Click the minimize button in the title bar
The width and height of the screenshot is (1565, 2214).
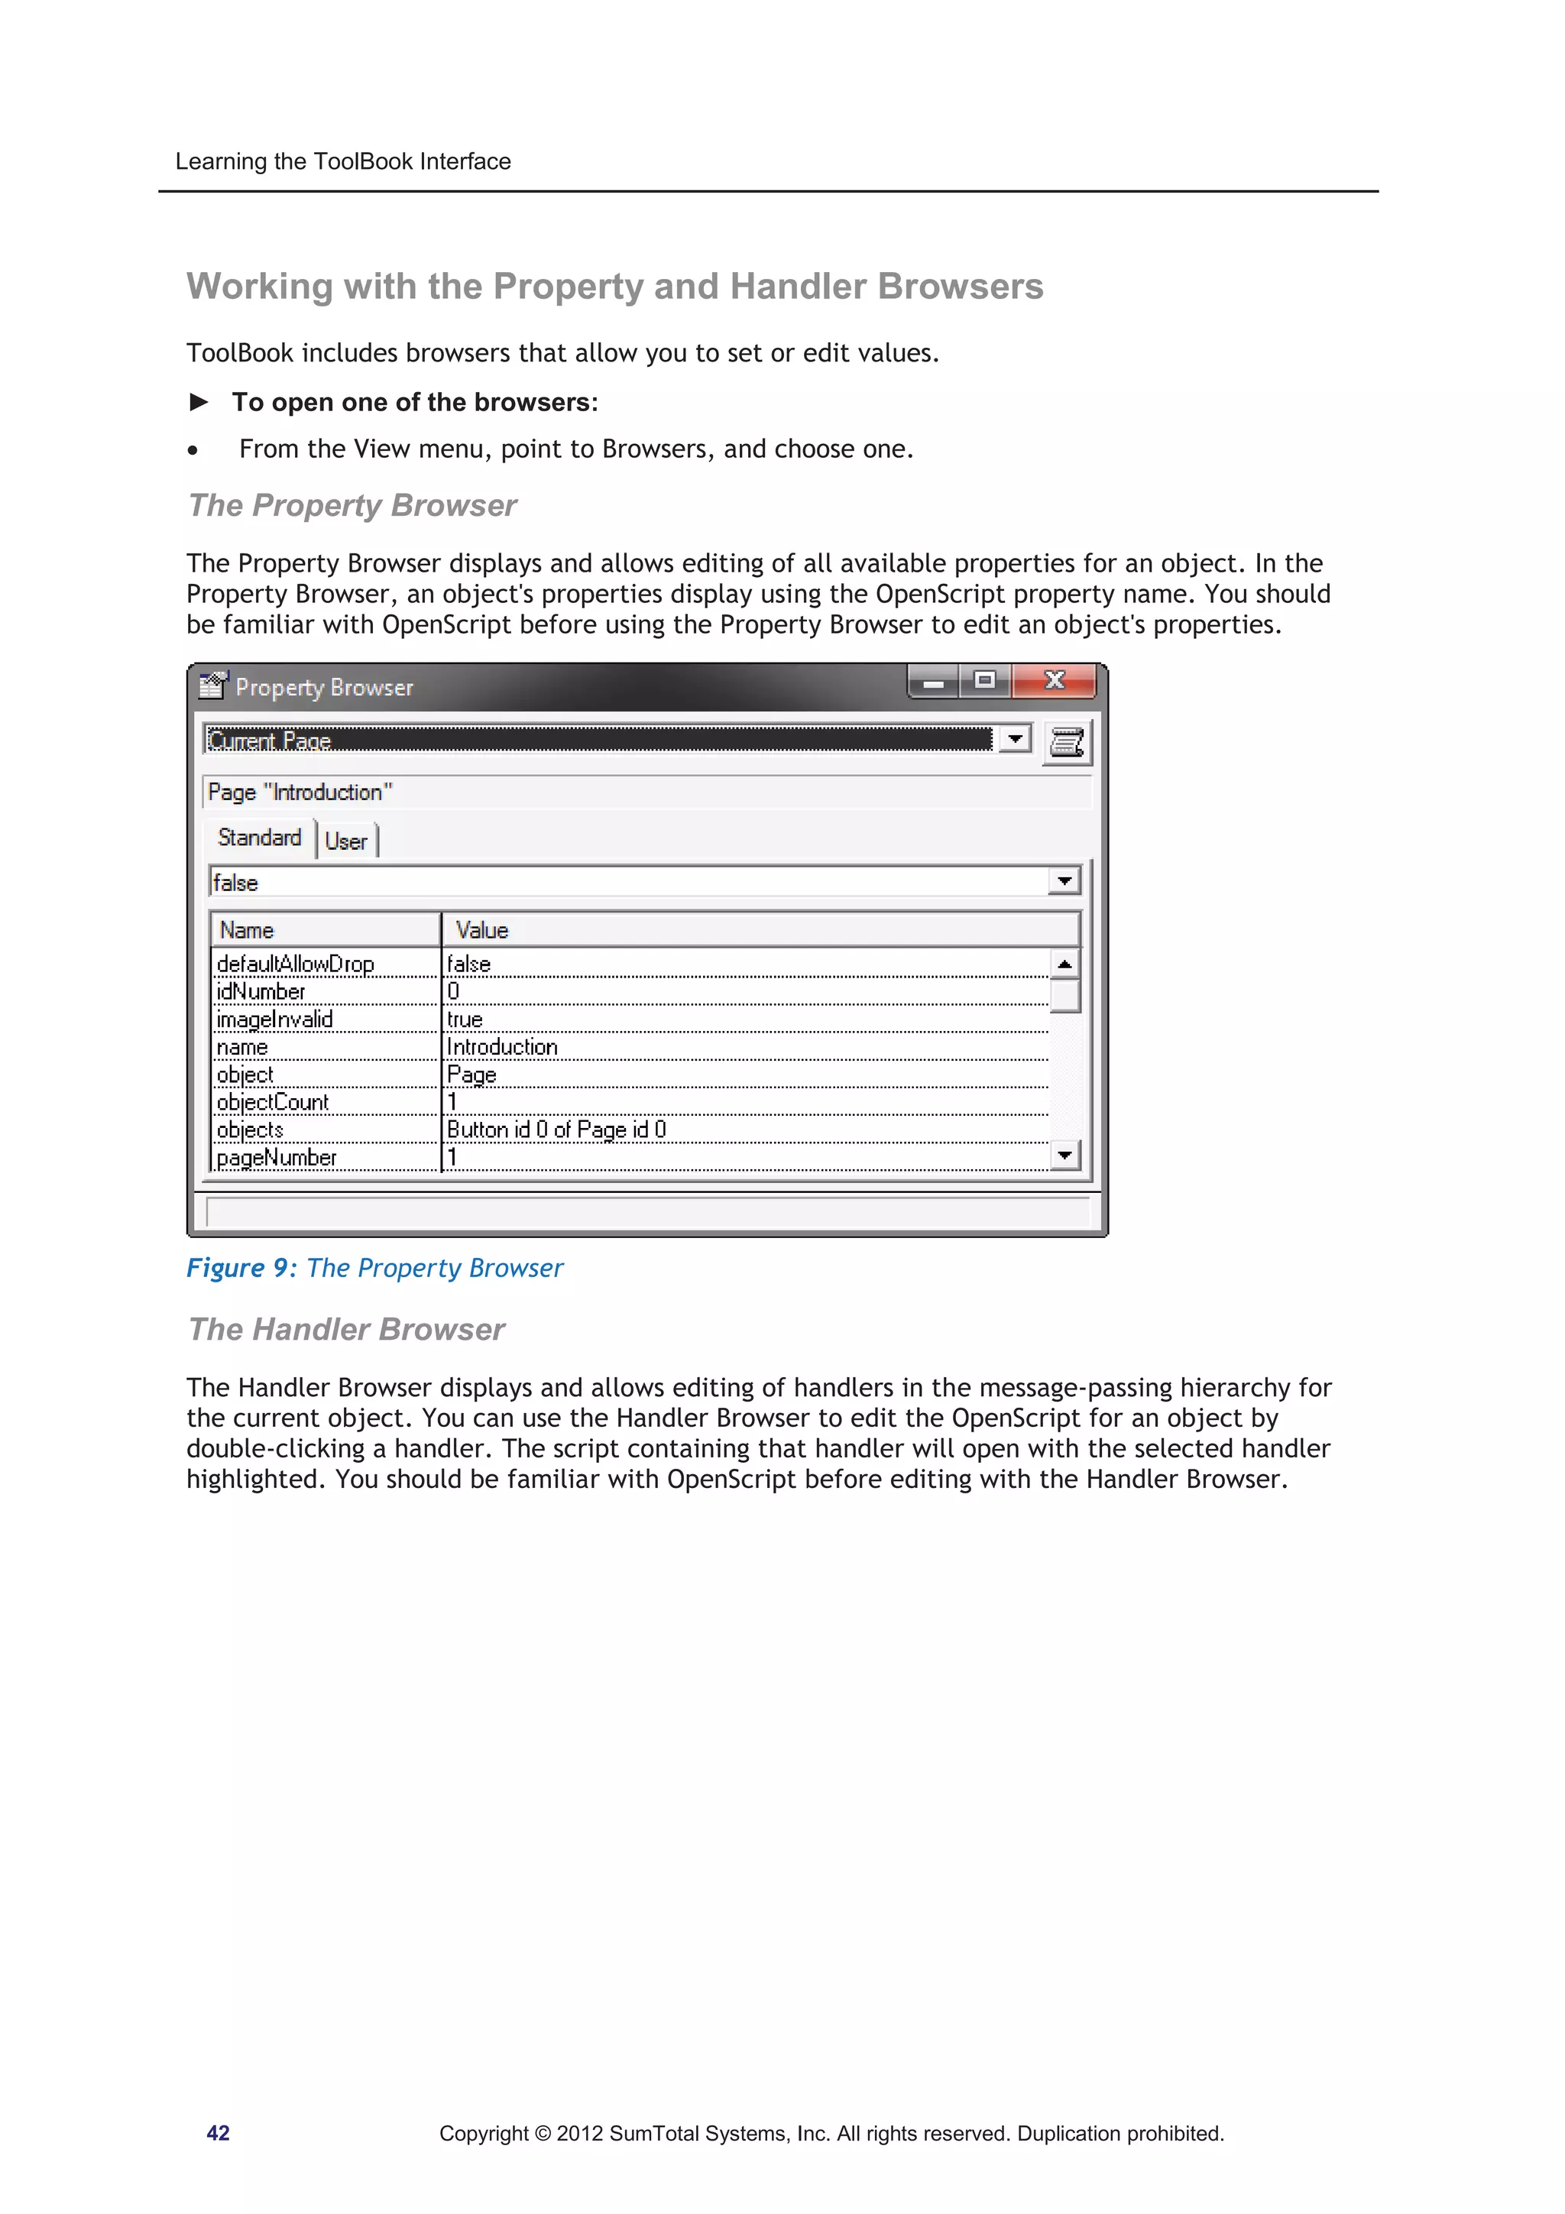coord(933,682)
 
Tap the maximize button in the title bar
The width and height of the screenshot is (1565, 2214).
coord(984,681)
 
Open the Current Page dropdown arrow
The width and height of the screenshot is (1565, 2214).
coord(1014,740)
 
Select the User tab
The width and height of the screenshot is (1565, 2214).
coord(346,841)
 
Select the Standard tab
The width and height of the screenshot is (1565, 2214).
coord(259,837)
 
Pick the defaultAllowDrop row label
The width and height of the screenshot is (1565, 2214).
coord(295,963)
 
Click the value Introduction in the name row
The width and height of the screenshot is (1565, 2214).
coord(501,1046)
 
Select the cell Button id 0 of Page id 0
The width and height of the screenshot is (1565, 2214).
coord(556,1130)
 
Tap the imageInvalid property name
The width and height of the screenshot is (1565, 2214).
coord(275,1019)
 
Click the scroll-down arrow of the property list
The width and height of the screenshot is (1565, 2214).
coord(1064,1154)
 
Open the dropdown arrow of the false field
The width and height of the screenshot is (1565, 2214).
coord(1064,880)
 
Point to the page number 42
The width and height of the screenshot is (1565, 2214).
coord(218,2133)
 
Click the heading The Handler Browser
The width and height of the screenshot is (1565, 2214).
coord(346,1329)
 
